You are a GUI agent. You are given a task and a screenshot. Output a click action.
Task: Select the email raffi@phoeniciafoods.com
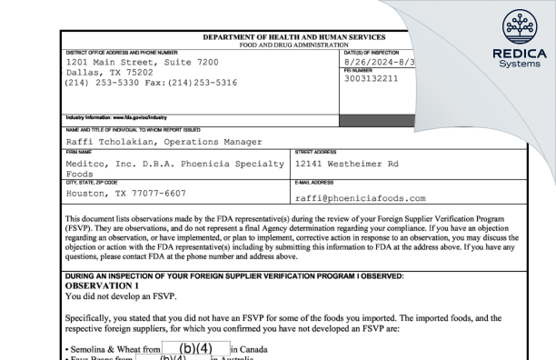point(361,198)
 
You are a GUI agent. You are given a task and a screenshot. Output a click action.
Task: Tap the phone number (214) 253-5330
point(101,81)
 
